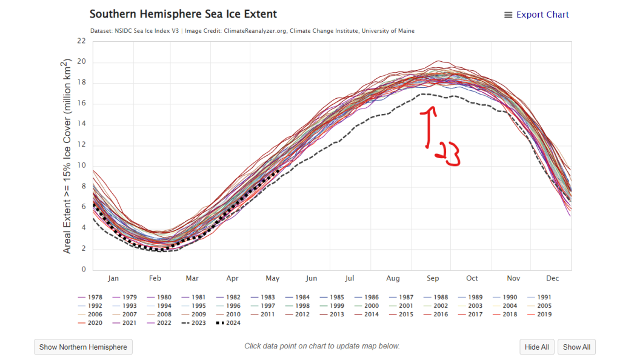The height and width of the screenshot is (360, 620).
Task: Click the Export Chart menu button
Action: click(536, 15)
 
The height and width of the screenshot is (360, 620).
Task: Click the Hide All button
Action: click(536, 347)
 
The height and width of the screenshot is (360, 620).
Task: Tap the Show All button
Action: click(576, 347)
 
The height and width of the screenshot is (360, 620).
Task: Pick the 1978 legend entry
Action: click(90, 298)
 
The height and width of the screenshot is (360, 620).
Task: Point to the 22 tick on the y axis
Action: click(82, 41)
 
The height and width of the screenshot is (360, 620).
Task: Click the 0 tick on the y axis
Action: click(84, 270)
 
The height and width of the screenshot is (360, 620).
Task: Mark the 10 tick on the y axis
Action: click(82, 165)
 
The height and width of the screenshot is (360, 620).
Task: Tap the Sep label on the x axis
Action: click(433, 279)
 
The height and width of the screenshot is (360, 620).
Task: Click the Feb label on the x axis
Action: click(154, 279)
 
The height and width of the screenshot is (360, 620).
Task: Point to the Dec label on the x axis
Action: click(552, 279)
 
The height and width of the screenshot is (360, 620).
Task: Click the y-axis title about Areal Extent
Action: click(67, 156)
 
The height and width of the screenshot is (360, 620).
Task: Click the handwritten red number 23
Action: click(448, 155)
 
